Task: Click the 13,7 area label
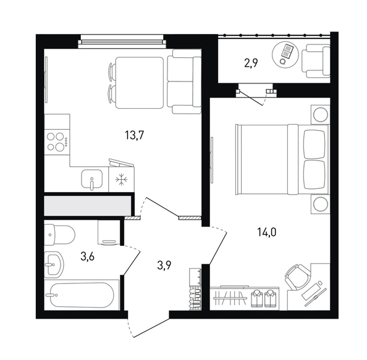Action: tap(134, 135)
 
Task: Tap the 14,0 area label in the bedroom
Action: tap(266, 232)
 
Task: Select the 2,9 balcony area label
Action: tap(251, 63)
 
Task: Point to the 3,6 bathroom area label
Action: tap(87, 257)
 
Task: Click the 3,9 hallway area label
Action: tap(164, 266)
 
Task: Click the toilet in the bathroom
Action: tap(60, 235)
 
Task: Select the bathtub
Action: tap(82, 295)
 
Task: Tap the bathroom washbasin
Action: tap(54, 264)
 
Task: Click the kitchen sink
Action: tap(91, 179)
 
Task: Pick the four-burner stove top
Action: tap(57, 141)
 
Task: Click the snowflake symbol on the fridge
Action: tap(122, 180)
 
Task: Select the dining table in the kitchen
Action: tap(139, 83)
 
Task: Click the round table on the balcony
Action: tap(285, 55)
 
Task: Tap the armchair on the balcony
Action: tap(316, 61)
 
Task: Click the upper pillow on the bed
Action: tap(314, 144)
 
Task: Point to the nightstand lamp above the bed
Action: tap(320, 115)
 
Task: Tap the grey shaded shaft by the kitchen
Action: tap(88, 206)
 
